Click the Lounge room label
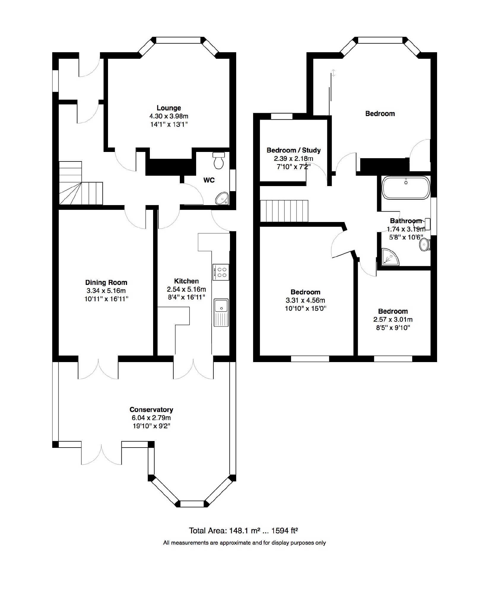[169, 108]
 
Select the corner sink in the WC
[222, 198]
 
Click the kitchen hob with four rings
[220, 272]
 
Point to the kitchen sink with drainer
[221, 313]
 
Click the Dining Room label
[106, 282]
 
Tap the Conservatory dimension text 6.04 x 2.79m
[151, 418]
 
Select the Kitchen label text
[186, 281]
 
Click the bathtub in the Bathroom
[406, 188]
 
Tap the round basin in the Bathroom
[424, 245]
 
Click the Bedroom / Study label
[294, 150]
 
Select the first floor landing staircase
[284, 211]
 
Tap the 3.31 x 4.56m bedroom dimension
[305, 300]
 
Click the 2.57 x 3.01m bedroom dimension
[393, 319]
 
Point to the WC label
[209, 180]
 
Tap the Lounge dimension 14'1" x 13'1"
[169, 124]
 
